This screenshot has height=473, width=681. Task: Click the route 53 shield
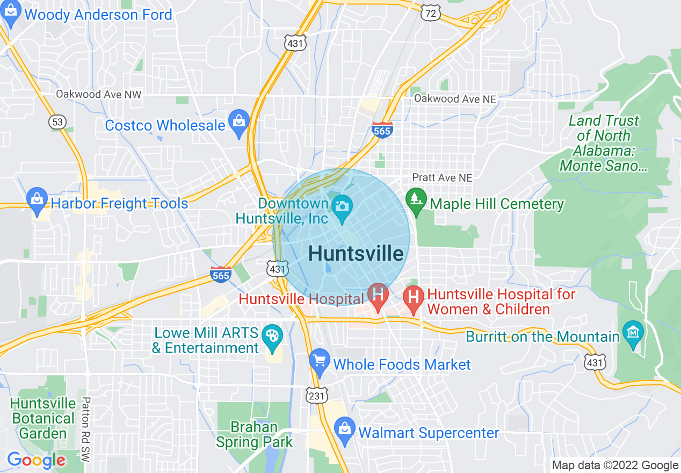(x=57, y=122)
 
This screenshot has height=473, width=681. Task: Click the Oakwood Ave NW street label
(x=99, y=95)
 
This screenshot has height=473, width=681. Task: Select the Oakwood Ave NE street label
(x=455, y=99)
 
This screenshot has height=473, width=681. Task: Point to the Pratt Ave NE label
(x=442, y=177)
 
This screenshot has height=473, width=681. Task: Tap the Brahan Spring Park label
(x=255, y=435)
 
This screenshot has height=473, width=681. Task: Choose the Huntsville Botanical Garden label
(x=43, y=418)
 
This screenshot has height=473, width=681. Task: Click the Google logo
(x=36, y=460)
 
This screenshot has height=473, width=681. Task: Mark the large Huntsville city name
(x=356, y=254)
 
